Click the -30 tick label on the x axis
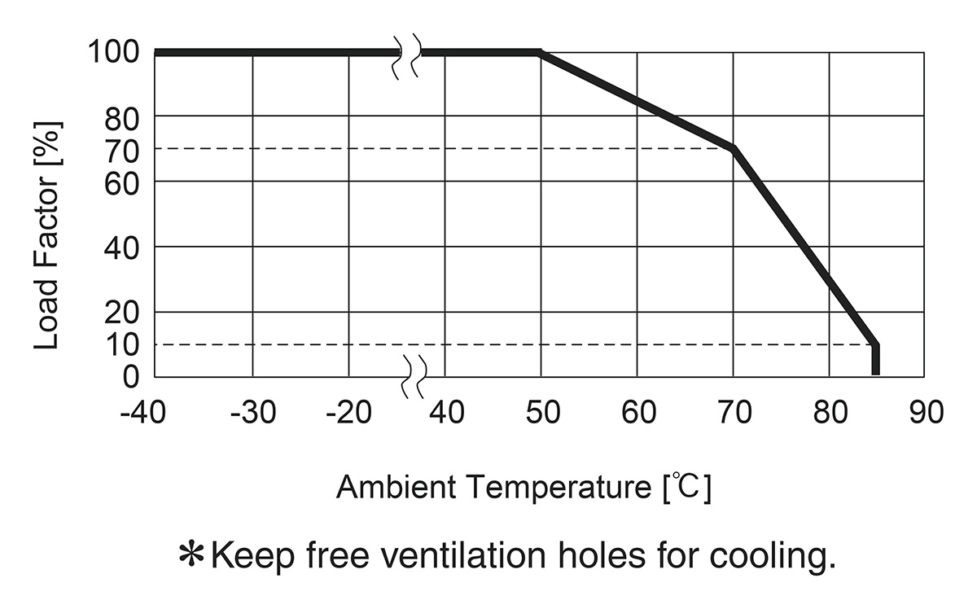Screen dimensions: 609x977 pyautogui.click(x=252, y=412)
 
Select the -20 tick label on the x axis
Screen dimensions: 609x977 pyautogui.click(x=348, y=412)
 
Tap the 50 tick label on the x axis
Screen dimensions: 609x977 pyautogui.click(x=541, y=412)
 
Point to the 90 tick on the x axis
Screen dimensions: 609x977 pyautogui.click(x=925, y=412)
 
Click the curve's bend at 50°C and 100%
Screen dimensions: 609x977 pyautogui.click(x=540, y=53)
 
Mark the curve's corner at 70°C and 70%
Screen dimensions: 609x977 pyautogui.click(x=733, y=149)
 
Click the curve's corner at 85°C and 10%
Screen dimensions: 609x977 pyautogui.click(x=876, y=345)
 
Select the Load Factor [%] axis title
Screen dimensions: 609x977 pyautogui.click(x=48, y=236)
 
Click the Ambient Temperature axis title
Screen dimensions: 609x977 pyautogui.click(x=523, y=488)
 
